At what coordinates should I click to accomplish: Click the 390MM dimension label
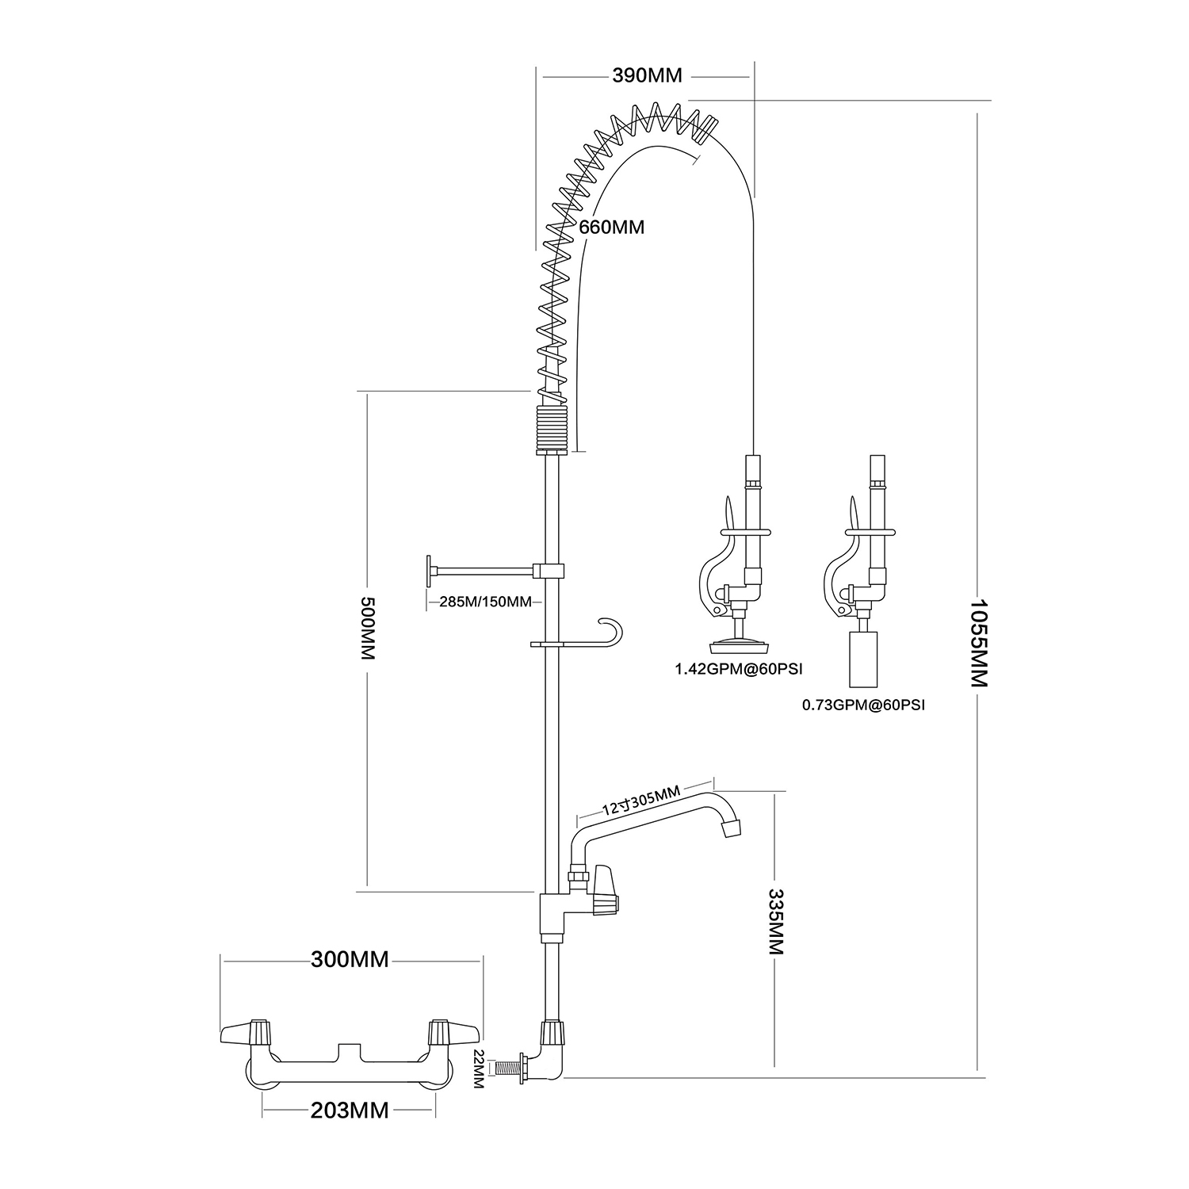pos(647,76)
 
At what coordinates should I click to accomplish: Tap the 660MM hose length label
pos(611,227)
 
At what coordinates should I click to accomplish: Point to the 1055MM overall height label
pos(980,643)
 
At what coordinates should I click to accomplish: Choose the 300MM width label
pos(350,960)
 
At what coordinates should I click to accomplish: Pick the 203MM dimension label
pos(350,1111)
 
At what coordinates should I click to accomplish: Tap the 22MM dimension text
pos(478,1070)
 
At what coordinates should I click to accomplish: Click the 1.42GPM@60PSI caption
pos(739,669)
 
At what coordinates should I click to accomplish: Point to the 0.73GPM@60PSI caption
pos(863,704)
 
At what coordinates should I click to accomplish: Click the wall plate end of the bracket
pos(430,570)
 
